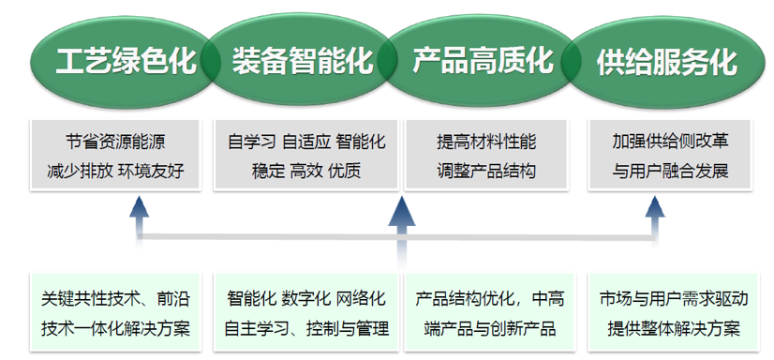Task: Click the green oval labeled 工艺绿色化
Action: tap(122, 61)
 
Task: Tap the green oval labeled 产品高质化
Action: tap(482, 61)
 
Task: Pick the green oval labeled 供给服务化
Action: tap(667, 61)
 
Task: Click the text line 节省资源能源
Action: tap(115, 142)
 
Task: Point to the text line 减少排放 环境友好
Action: tap(115, 171)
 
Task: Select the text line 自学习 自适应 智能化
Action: tap(306, 142)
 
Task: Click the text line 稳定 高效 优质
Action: tap(306, 171)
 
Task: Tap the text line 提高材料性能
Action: tap(486, 142)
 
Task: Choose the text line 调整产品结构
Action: tap(486, 171)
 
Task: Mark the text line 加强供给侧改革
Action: tap(670, 142)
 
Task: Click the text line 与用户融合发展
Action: tap(670, 171)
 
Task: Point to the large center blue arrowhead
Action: tap(402, 211)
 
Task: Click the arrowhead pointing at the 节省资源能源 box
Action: tap(140, 207)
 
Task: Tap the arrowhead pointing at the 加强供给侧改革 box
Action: tap(655, 207)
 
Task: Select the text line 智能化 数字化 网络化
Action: tap(306, 299)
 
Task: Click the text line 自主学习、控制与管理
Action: tap(306, 328)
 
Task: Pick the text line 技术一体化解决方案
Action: tap(115, 328)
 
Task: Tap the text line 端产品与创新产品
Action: tap(490, 328)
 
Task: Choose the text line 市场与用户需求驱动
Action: tap(674, 299)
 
